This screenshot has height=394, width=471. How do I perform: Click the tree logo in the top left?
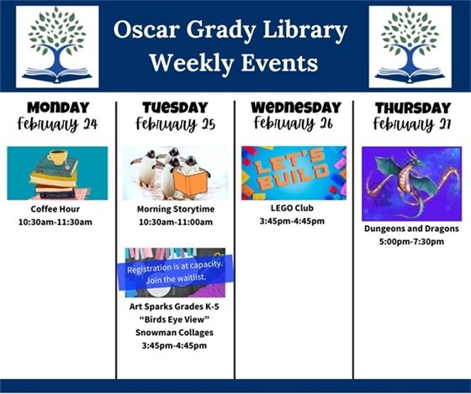click(56, 46)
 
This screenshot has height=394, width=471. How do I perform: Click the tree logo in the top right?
click(410, 46)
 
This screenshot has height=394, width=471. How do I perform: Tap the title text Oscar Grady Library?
click(230, 31)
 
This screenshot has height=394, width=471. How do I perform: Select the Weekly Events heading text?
click(232, 63)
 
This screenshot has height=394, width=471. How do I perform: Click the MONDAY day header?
click(57, 107)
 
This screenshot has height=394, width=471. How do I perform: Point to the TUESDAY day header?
click(175, 107)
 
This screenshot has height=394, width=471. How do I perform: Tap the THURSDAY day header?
click(411, 107)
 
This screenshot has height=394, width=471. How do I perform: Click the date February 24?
click(57, 125)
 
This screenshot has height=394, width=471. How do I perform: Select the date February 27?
click(411, 125)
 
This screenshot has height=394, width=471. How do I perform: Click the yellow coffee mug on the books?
click(57, 157)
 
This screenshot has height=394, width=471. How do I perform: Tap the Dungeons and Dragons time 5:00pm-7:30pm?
click(411, 241)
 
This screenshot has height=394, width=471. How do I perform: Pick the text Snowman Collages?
click(175, 333)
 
